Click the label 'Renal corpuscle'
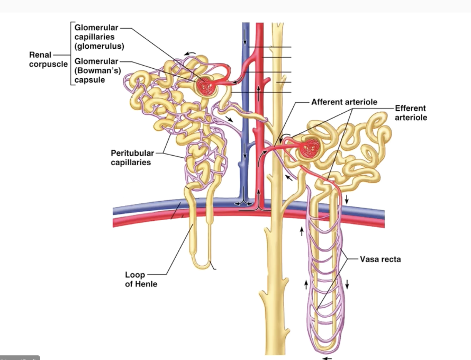49,59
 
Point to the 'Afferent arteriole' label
344,102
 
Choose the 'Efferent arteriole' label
411,113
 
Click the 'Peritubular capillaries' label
131,158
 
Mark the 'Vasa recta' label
380,259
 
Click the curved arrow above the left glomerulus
189,53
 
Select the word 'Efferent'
410,109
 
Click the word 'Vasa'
369,259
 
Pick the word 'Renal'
40,55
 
